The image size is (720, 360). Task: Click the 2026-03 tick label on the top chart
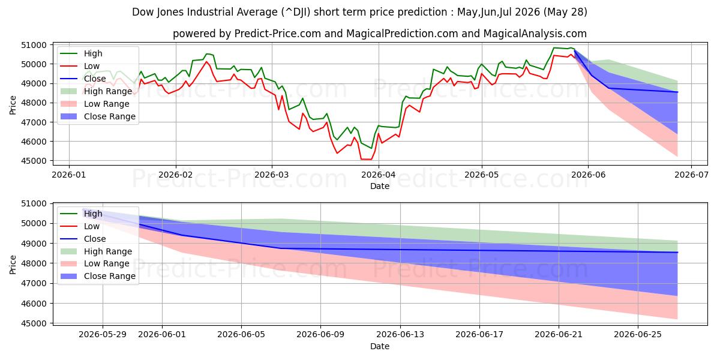pyautogui.click(x=272, y=175)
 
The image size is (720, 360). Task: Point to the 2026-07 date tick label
pyautogui.click(x=691, y=175)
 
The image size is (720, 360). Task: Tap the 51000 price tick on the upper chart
pyautogui.click(x=34, y=45)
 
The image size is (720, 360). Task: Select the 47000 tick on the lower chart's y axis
pyautogui.click(x=34, y=283)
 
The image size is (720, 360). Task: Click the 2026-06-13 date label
pyautogui.click(x=400, y=335)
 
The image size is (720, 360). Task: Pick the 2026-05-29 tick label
pyautogui.click(x=103, y=335)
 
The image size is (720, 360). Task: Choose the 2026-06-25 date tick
pyautogui.click(x=638, y=335)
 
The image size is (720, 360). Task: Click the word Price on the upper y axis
pyautogui.click(x=13, y=105)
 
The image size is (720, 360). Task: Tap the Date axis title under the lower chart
pyautogui.click(x=380, y=346)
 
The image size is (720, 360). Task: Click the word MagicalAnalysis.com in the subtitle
pyautogui.click(x=535, y=34)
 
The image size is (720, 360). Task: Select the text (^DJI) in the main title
pyautogui.click(x=296, y=12)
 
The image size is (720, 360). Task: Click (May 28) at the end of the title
pyautogui.click(x=565, y=12)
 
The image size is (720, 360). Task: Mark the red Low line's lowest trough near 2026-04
pyautogui.click(x=367, y=160)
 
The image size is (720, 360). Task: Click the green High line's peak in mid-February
pyautogui.click(x=207, y=54)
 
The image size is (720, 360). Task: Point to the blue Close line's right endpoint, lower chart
pyautogui.click(x=677, y=253)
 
